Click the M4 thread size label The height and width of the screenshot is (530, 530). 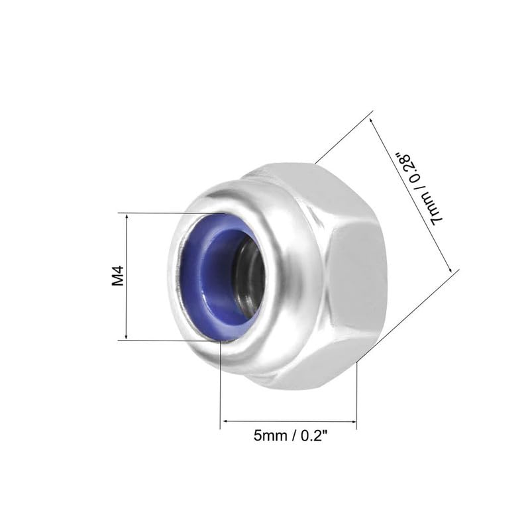coord(118,276)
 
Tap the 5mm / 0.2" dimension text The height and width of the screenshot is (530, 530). coord(291,436)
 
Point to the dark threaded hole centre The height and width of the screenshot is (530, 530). coord(251,276)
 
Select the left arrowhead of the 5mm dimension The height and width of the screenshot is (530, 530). coord(224,421)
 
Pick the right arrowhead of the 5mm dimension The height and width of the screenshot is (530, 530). coord(353,421)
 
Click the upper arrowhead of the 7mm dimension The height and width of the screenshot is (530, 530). coord(372,121)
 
